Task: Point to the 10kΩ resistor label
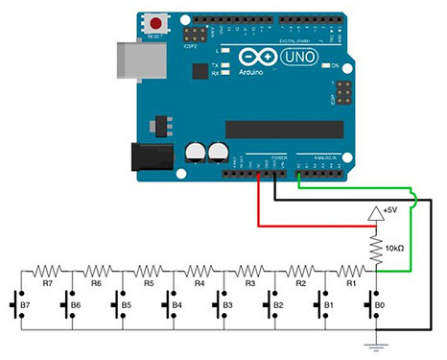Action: (401, 248)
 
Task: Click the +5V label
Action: (394, 210)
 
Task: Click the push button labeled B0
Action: (373, 306)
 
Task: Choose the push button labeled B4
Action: (170, 306)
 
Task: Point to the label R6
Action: (97, 284)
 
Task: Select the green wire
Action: (411, 240)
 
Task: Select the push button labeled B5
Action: (119, 306)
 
